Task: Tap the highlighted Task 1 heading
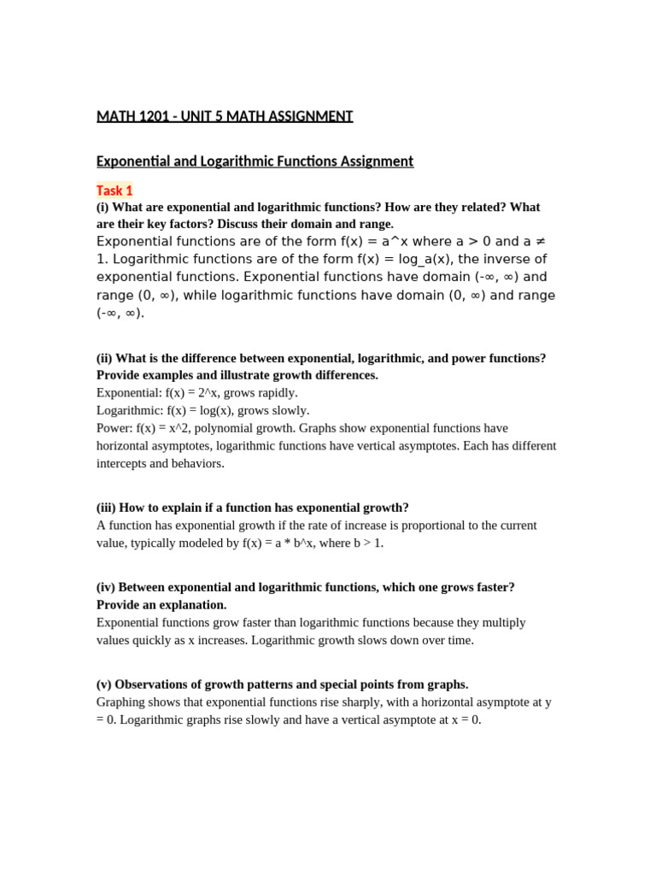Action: (x=114, y=191)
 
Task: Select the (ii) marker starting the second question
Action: (x=104, y=358)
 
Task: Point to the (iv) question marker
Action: (x=106, y=587)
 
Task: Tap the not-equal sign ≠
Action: (x=545, y=241)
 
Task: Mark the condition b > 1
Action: (x=366, y=543)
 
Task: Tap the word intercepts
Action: (x=122, y=463)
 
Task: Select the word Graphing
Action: (x=121, y=702)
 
